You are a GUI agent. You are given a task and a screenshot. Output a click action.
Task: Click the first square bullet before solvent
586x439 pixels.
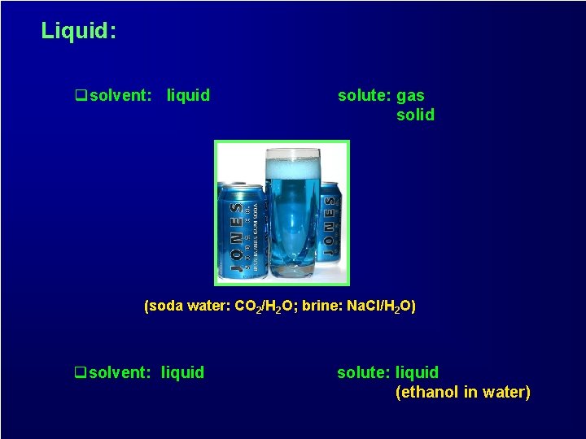[x=81, y=96]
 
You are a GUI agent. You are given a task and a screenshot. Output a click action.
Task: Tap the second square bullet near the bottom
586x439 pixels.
[x=80, y=373]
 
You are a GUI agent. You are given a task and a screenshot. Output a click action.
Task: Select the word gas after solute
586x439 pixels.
[x=410, y=96]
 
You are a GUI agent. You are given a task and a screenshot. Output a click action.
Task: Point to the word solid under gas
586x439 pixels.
[x=415, y=115]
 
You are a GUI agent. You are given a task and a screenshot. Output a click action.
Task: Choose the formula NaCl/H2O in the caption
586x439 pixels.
[x=381, y=306]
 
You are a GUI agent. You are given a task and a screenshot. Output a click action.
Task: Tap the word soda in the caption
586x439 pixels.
[x=164, y=306]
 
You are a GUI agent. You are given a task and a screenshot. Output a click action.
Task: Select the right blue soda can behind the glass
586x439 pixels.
[x=330, y=228]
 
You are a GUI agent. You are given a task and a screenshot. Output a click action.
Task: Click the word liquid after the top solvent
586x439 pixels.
[x=188, y=96]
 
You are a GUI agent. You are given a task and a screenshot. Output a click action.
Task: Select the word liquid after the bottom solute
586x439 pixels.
[x=417, y=373]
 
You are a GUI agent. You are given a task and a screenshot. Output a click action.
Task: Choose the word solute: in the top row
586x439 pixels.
[x=364, y=96]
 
